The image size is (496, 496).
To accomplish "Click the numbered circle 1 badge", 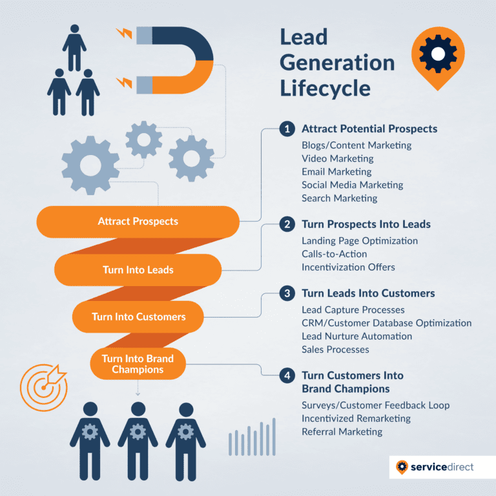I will coord(287,129).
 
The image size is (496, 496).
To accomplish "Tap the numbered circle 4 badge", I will coord(287,375).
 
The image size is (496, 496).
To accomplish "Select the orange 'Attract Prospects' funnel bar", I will coord(138,222).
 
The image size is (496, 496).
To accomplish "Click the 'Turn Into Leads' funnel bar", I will coord(138,270).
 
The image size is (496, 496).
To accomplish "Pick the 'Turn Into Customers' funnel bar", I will coord(138,316).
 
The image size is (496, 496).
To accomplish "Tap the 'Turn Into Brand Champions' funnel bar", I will coord(137,364).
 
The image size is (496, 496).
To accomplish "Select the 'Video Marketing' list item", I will coord(337,158).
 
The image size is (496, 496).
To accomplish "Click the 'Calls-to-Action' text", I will coord(334,254).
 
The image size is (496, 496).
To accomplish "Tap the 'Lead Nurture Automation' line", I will coord(356,336).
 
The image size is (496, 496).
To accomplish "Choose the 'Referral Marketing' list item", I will coord(342,431).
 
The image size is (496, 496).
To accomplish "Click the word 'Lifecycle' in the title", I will coord(325,87).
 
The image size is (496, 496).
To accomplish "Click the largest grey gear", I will coord(90,165).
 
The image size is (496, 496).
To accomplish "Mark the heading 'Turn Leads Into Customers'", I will coord(368,293).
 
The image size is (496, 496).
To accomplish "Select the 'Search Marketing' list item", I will coord(339,198).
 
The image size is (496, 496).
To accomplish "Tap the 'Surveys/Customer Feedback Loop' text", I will coord(375,405).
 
